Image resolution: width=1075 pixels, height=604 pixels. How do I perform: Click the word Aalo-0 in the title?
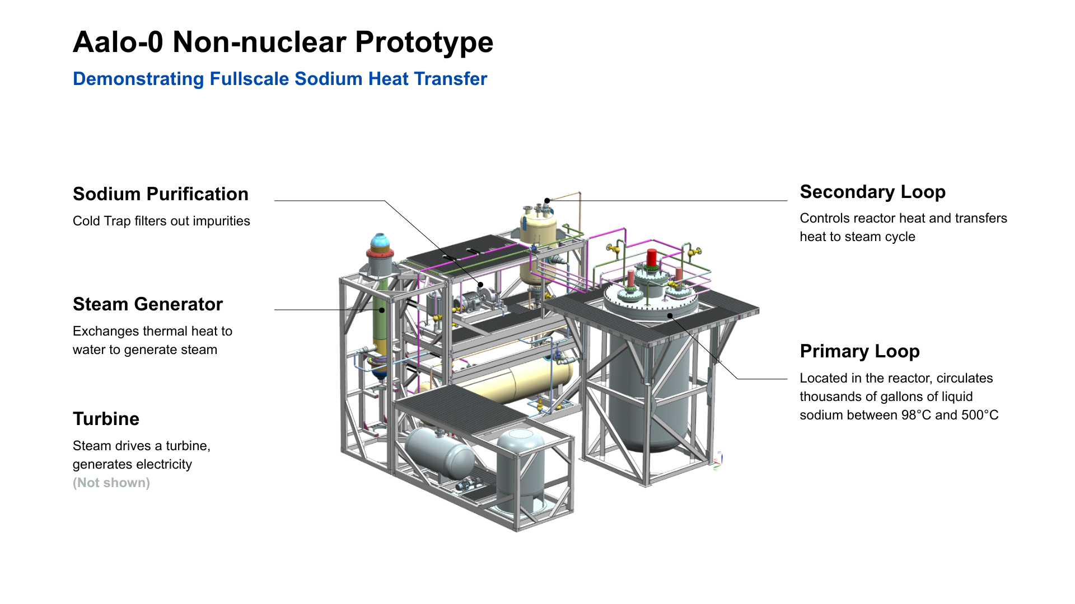118,42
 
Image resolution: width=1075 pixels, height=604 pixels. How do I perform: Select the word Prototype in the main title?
424,43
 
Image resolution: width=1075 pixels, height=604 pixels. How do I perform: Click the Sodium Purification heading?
161,194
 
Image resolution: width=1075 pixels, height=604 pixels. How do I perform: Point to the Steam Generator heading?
148,304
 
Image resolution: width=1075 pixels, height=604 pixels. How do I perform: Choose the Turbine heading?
106,419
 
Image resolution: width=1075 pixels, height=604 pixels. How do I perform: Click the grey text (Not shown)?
111,483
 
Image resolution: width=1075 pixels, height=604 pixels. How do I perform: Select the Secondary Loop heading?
872,192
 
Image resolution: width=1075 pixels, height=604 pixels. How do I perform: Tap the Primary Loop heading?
859,351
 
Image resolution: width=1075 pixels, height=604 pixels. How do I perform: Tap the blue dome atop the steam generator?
380,242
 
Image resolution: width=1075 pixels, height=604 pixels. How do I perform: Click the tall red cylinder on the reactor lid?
651,258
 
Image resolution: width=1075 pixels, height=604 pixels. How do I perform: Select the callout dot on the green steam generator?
382,310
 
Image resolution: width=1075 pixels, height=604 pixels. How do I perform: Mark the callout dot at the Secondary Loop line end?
547,201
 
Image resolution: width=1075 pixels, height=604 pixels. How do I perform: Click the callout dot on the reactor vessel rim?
670,316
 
